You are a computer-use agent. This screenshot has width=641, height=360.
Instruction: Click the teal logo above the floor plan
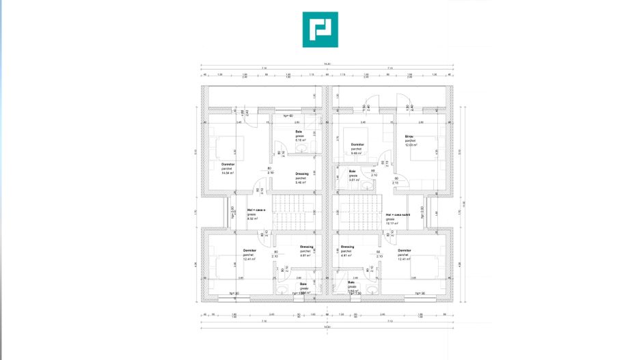coord(320,29)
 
